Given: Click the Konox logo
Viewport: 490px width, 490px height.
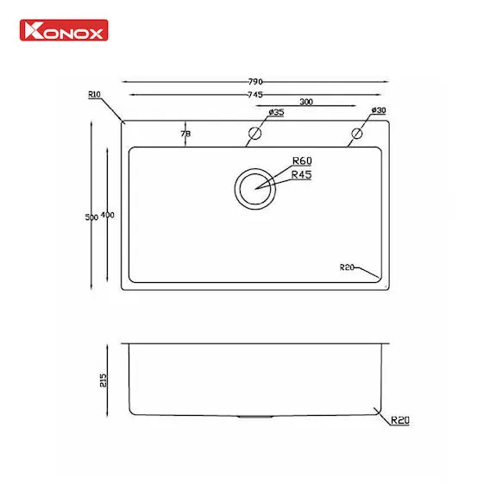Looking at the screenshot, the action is point(64,30).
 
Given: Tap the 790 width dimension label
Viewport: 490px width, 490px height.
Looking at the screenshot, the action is point(255,82).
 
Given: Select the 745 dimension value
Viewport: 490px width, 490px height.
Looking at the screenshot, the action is point(255,94).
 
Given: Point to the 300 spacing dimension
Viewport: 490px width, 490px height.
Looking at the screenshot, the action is point(306,102).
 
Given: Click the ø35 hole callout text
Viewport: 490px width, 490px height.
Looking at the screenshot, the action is point(276,112).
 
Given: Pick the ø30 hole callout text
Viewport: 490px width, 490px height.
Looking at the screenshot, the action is point(379,110).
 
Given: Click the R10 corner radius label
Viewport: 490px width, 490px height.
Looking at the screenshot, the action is point(94,94).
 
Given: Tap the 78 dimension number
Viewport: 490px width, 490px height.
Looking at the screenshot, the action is point(185,134).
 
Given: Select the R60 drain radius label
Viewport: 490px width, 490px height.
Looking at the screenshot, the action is point(302,160).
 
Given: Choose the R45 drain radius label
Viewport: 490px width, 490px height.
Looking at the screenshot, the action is point(301,174).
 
